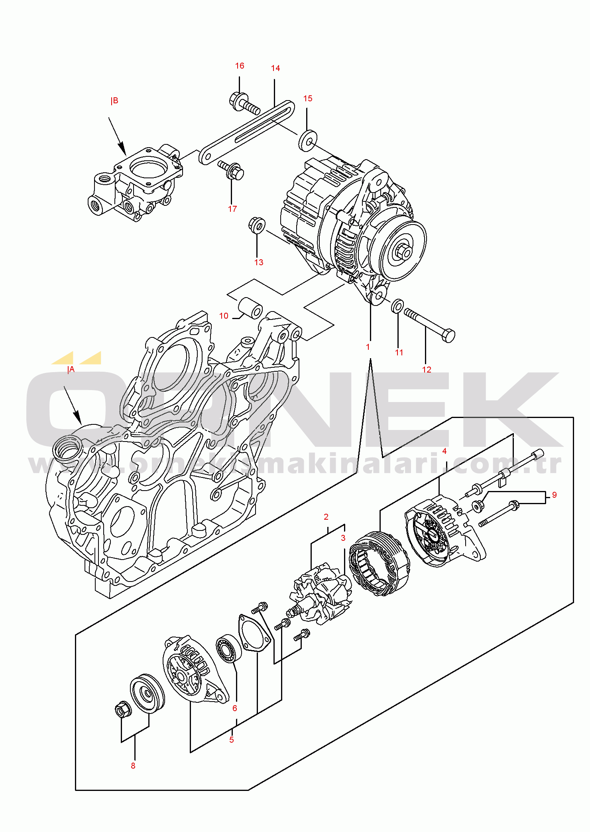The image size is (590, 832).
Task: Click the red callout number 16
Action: pyautogui.click(x=240, y=66)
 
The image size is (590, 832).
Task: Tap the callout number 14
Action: pyautogui.click(x=275, y=68)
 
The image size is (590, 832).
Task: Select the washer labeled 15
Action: pyautogui.click(x=308, y=140)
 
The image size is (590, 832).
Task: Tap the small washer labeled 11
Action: pyautogui.click(x=397, y=306)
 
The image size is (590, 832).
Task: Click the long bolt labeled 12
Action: pyautogui.click(x=430, y=325)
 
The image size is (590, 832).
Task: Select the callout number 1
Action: pyautogui.click(x=368, y=347)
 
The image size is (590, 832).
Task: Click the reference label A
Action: pyautogui.click(x=71, y=369)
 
